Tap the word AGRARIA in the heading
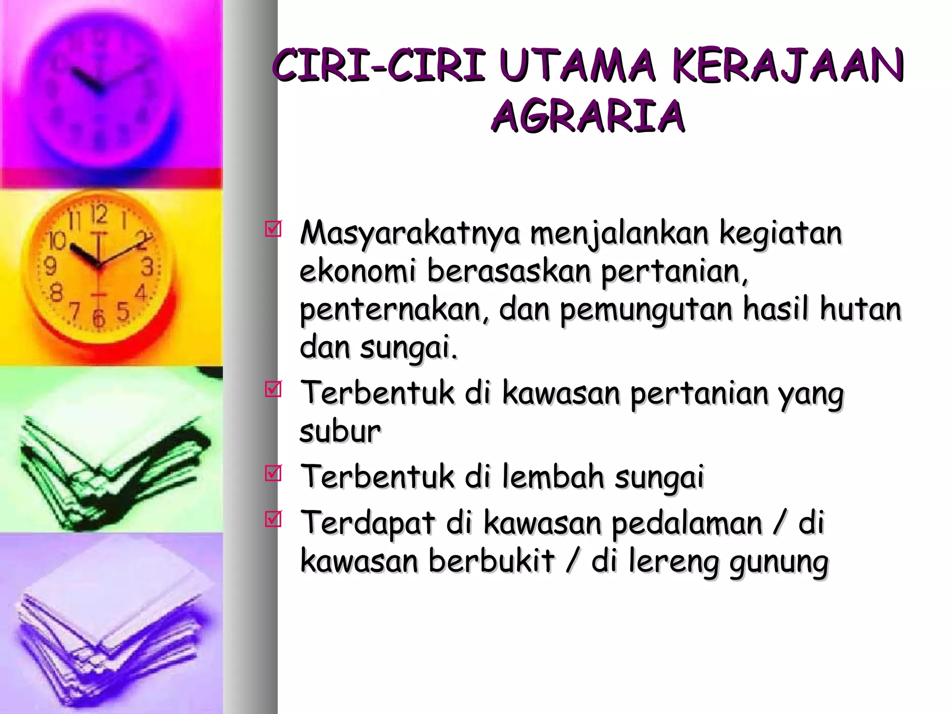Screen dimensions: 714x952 pos(588,116)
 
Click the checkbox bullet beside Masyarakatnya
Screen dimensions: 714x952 pos(273,229)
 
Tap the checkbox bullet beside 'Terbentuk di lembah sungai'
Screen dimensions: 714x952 pos(273,473)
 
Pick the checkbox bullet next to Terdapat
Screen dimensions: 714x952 pos(273,519)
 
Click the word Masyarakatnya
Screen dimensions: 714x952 pos(410,234)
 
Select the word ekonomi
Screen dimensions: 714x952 pos(357,271)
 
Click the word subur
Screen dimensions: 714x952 pos(340,432)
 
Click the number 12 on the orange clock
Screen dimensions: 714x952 pos(99,215)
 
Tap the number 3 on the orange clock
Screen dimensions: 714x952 pos(147,267)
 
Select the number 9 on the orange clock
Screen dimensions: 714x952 pos(50,266)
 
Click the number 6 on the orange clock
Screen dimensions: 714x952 pos(99,319)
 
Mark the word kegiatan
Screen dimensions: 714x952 pos(780,233)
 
